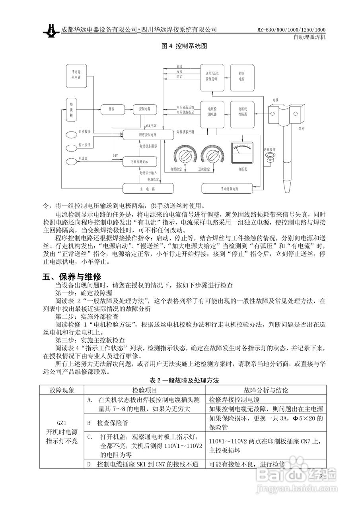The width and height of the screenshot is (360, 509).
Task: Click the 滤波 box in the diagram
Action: pos(106,108)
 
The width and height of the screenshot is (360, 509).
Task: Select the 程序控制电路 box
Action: pos(148,135)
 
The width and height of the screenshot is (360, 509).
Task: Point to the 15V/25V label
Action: pos(151,126)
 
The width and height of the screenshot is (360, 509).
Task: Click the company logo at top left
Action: pos(51,31)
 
